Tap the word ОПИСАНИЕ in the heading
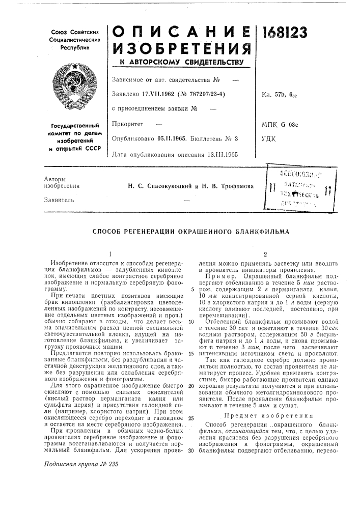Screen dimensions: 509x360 [x=180, y=32]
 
